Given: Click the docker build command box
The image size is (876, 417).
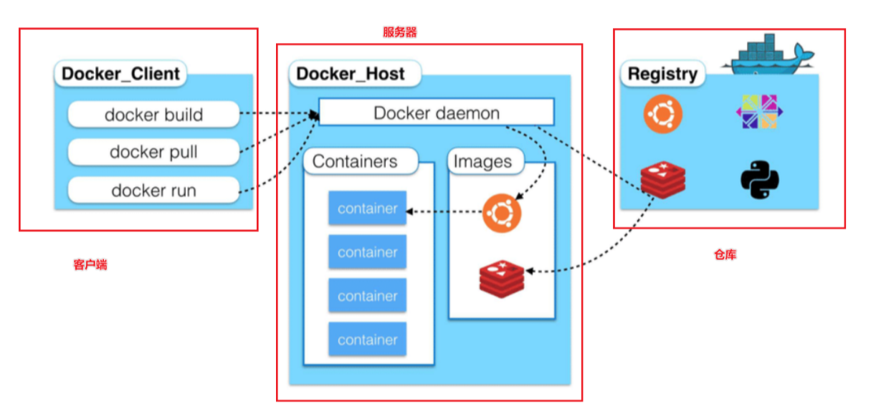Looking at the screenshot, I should click(x=153, y=114).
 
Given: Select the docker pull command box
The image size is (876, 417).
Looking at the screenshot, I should click(x=153, y=152).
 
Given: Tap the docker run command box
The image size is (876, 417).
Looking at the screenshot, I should click(x=153, y=191).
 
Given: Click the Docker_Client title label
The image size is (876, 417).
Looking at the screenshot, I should click(x=120, y=74).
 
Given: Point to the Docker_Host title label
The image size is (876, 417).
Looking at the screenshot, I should click(x=351, y=74).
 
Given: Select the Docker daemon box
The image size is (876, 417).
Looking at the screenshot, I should click(x=436, y=112).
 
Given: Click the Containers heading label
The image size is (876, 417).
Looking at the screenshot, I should click(x=355, y=161).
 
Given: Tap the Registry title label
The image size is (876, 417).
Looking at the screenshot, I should click(x=662, y=74).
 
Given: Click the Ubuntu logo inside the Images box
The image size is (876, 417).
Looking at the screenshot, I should click(x=502, y=212).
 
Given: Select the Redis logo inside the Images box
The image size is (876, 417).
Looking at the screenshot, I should click(x=502, y=279).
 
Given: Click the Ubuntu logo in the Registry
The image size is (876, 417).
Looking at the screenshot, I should click(x=663, y=115).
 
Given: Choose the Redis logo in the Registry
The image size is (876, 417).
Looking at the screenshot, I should click(x=663, y=180).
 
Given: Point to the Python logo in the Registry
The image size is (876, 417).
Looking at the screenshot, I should click(x=760, y=180).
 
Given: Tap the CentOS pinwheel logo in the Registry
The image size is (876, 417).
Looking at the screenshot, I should click(x=756, y=112).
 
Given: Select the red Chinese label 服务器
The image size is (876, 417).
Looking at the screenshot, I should click(x=400, y=32).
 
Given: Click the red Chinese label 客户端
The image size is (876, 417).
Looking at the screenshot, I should click(x=90, y=264).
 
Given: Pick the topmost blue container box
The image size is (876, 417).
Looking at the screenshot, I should click(x=368, y=208).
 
